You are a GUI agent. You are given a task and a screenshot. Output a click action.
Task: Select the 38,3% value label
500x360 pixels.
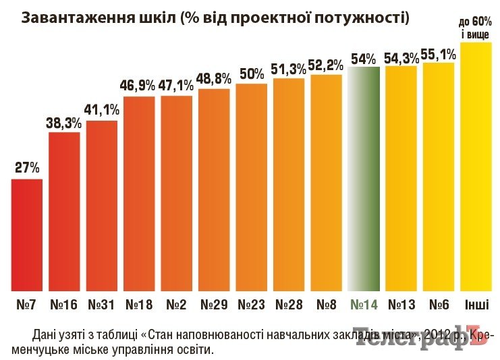[64, 123]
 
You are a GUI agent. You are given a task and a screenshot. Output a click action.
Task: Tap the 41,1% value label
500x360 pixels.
[102, 110]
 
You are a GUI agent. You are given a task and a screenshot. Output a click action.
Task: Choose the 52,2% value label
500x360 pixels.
[327, 65]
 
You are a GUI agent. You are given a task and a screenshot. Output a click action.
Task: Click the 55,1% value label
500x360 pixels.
[439, 53]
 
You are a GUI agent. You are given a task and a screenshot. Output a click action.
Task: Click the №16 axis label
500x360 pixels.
[64, 304]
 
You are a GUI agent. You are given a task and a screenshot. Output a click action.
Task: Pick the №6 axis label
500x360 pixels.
[439, 304]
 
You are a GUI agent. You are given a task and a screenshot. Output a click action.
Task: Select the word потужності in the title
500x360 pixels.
[357, 18]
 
